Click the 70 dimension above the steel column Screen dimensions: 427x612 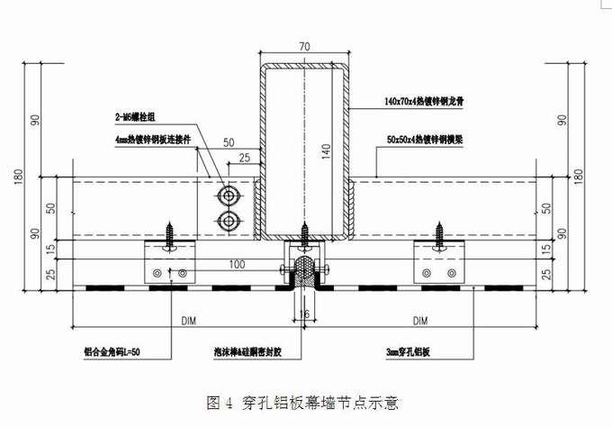pyautogui.click(x=305, y=45)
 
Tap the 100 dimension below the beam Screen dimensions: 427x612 pyautogui.click(x=237, y=265)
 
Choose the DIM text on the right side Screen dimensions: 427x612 pyautogui.click(x=418, y=319)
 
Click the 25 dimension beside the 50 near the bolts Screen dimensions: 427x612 pyautogui.click(x=244, y=159)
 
